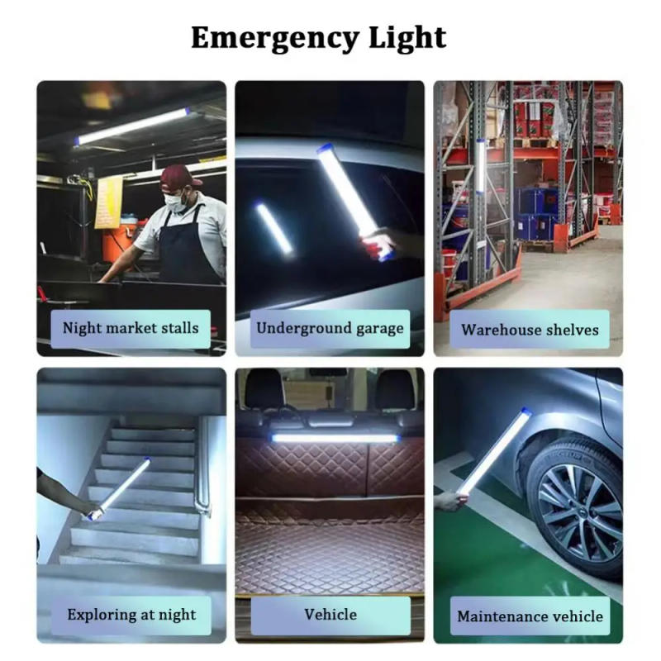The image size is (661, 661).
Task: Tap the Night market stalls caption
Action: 131,328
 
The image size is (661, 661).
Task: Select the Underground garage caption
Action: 330,328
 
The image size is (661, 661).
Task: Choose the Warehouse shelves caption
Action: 530,330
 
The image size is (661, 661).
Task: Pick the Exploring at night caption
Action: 131,615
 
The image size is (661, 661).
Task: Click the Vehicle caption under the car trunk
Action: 330,614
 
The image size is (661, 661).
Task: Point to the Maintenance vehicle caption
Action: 530,616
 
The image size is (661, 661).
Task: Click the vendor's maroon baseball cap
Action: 180,176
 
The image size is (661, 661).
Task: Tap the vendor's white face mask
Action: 174,201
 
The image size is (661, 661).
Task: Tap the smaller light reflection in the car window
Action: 273,228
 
